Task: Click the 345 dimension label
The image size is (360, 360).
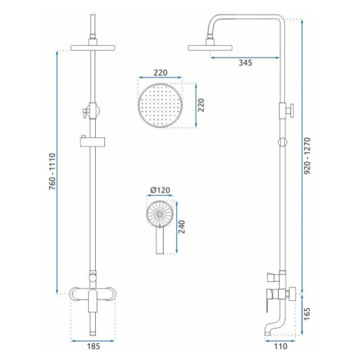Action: (x=245, y=63)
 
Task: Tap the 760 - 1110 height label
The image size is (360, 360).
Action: (x=52, y=172)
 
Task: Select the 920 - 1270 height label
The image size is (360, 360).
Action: (x=308, y=155)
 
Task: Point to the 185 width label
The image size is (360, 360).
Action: (x=93, y=346)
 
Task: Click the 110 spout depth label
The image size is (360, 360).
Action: (x=280, y=346)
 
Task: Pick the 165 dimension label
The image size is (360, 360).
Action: (x=307, y=314)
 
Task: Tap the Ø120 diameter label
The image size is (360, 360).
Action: (x=160, y=190)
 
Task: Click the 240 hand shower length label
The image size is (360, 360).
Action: (x=182, y=227)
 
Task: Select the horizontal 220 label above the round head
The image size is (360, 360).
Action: (x=160, y=73)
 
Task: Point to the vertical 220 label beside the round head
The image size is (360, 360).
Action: (x=201, y=105)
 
